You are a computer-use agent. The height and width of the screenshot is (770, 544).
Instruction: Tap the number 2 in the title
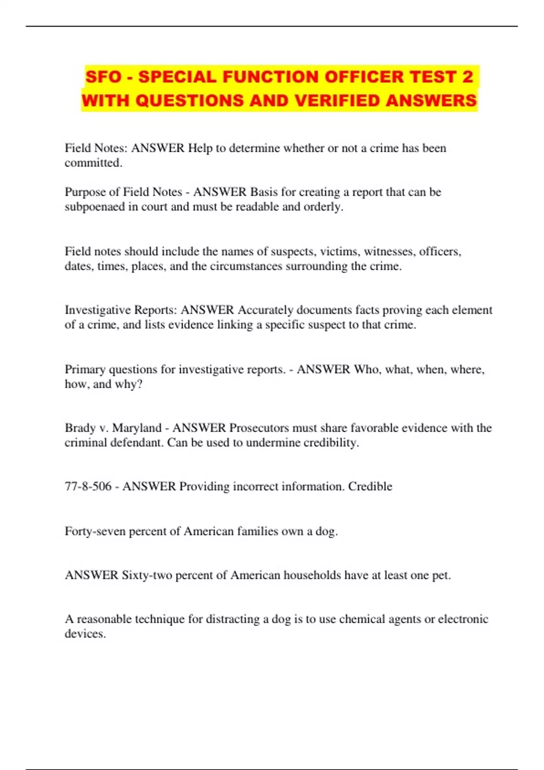467,77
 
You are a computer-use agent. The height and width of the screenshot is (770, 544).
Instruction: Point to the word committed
93,163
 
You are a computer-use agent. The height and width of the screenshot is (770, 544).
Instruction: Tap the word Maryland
136,428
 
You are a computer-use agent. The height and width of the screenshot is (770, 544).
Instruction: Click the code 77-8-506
88,486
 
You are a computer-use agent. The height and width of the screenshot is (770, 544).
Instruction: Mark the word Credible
370,486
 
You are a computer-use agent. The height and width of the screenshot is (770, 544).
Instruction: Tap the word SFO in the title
103,77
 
